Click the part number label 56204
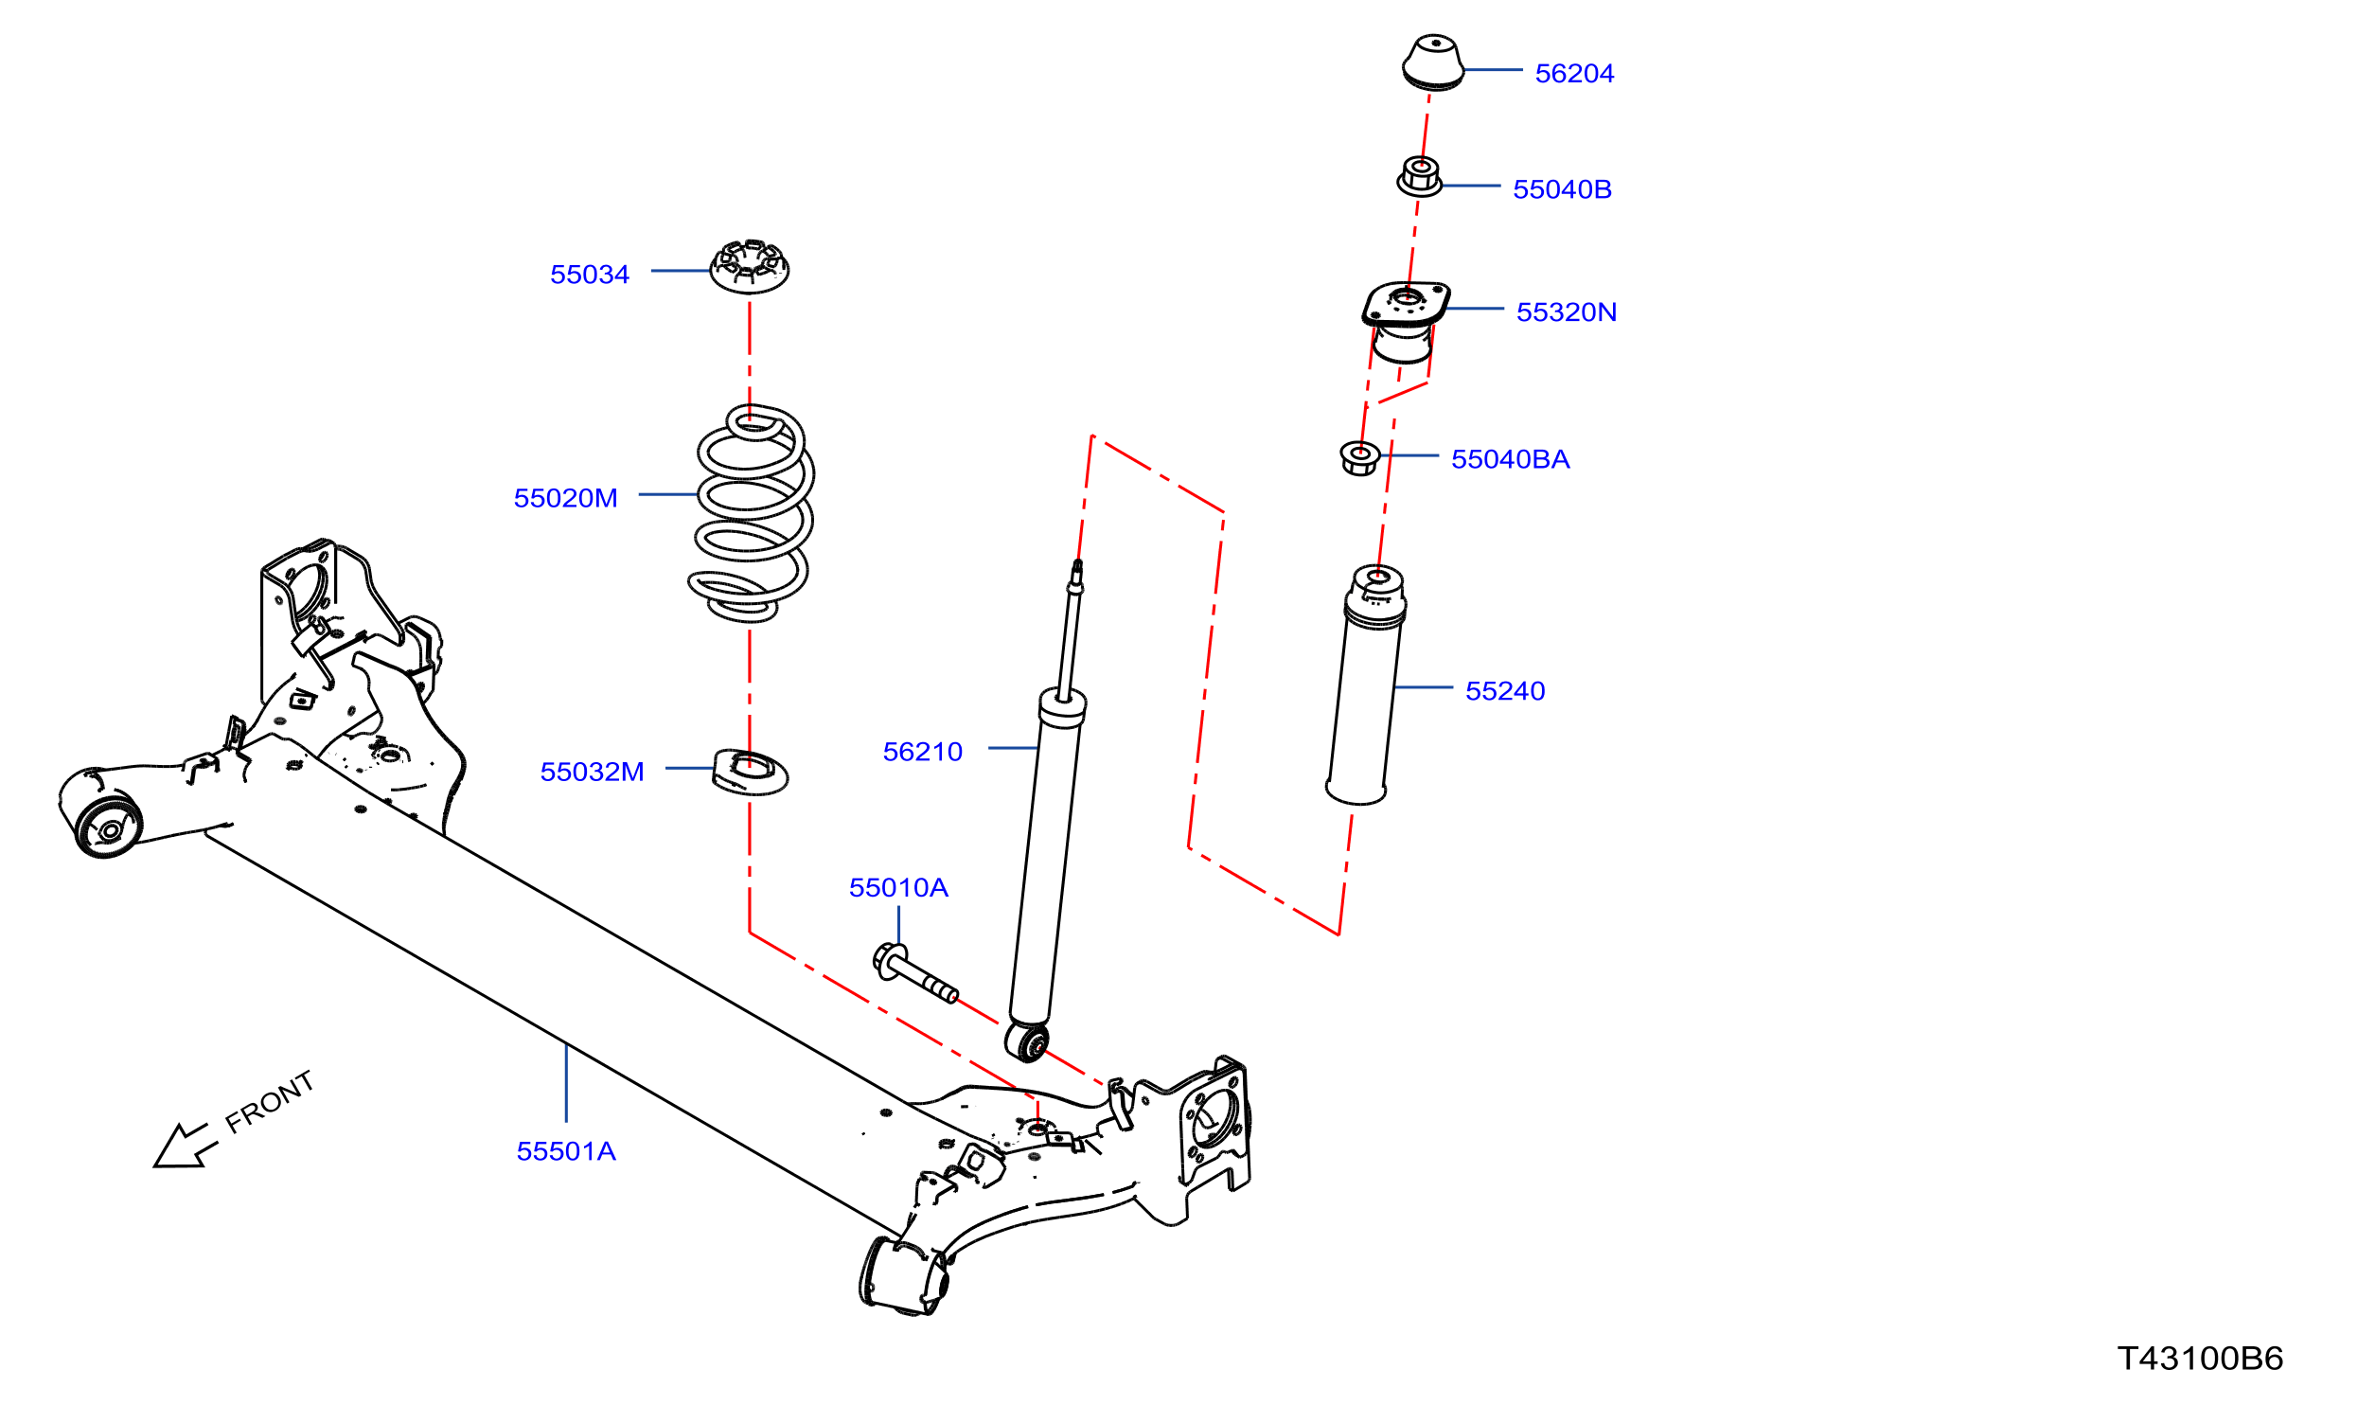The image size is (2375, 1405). point(1574,73)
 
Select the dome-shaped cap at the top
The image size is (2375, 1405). point(1433,62)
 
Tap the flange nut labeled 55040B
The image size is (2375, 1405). point(1420,177)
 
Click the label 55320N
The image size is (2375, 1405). point(1567,311)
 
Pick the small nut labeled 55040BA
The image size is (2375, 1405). point(1360,458)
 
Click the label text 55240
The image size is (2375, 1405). point(1505,690)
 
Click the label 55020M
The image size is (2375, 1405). point(565,498)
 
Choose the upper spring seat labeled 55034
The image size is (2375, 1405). point(750,267)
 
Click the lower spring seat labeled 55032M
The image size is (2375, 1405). point(750,772)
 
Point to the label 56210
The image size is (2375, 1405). point(922,752)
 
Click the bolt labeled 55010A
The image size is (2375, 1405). point(914,973)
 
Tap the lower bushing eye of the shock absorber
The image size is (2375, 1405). point(1027,1041)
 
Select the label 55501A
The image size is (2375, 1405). point(566,1151)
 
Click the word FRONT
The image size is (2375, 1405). point(269,1102)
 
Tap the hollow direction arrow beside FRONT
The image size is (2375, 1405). point(185,1147)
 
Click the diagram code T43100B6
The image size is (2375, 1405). point(2201,1359)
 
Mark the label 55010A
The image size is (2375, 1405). point(898,887)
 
